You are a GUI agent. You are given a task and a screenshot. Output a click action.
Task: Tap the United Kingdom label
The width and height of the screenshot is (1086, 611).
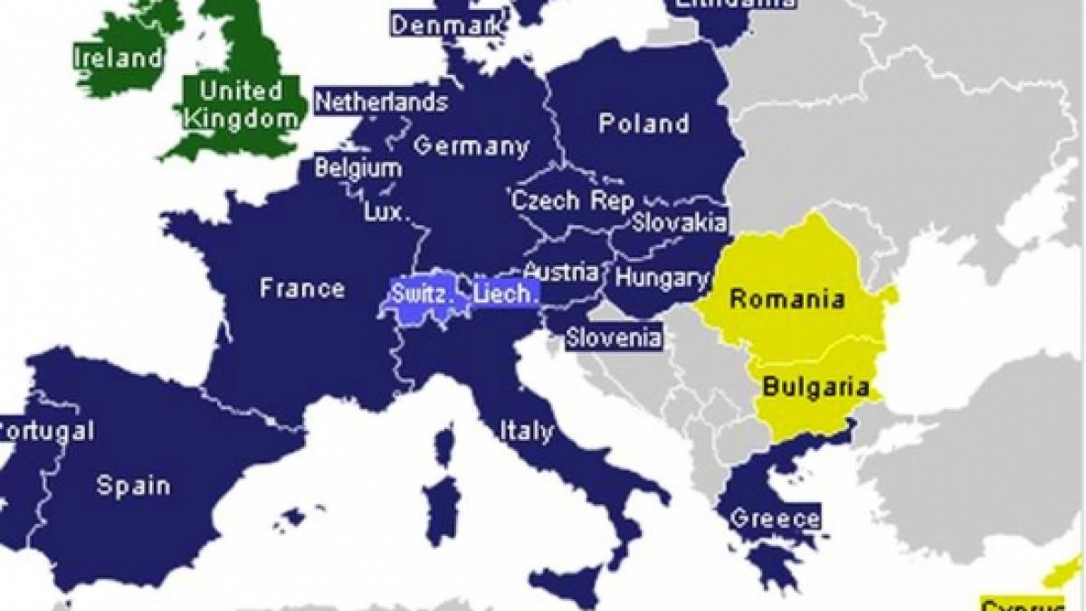242,104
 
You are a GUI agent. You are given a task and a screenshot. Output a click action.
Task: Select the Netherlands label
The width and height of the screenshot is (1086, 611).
381,100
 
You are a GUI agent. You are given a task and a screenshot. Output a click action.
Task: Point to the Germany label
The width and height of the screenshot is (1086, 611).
471,146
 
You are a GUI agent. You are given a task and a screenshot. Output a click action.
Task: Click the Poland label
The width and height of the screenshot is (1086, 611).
643,123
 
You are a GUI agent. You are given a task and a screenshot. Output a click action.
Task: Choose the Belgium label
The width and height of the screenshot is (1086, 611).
358,168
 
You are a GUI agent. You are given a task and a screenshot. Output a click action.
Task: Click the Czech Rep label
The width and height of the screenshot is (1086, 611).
572,201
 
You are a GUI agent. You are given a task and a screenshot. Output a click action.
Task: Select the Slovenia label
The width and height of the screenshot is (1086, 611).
613,339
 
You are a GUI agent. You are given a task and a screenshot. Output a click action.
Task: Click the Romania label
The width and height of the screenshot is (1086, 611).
787,299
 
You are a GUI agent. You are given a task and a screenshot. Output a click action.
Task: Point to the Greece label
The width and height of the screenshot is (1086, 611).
775,519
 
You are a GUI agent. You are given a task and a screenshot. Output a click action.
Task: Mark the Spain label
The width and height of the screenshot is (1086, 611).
133,485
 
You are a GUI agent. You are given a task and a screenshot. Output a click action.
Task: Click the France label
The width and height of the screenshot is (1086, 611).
301,289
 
